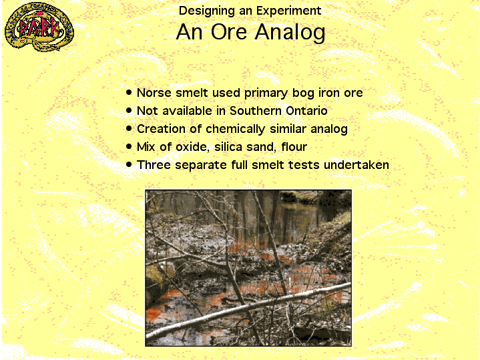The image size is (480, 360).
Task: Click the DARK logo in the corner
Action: (39, 27)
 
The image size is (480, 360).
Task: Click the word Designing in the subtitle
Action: (207, 11)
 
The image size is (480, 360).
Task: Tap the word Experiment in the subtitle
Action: (288, 11)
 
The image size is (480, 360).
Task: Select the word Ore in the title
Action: (229, 32)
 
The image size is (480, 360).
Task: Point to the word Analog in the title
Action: (290, 33)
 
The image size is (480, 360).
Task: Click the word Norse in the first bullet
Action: (154, 93)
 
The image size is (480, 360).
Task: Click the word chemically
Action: (235, 130)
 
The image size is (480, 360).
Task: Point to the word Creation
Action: (161, 129)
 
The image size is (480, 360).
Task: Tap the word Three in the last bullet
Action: (154, 165)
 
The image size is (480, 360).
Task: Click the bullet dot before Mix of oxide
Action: (129, 146)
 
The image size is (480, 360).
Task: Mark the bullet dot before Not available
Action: (129, 110)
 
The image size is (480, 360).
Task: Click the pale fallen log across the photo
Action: (248, 309)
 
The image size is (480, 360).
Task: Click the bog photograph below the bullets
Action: (248, 268)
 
